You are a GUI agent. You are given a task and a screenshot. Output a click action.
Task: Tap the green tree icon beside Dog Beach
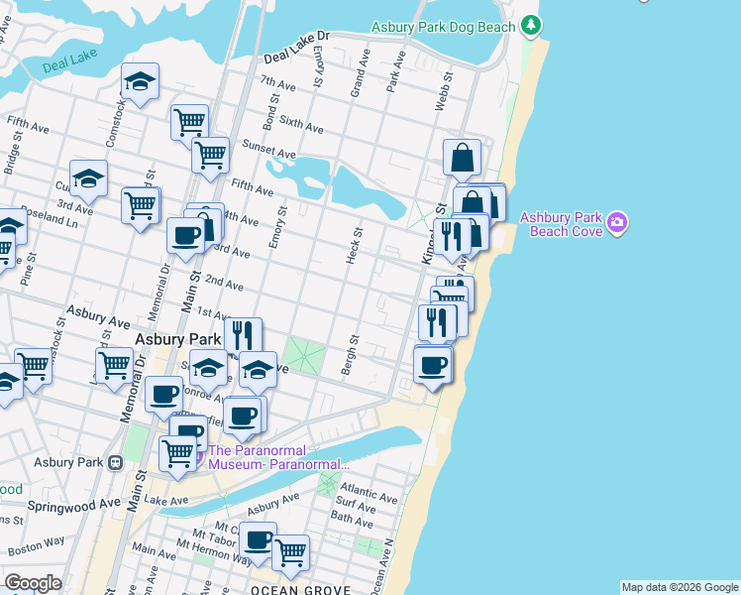coord(533,24)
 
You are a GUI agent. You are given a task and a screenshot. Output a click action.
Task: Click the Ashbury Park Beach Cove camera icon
coord(618,222)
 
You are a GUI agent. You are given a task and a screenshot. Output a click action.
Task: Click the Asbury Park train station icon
coord(116,462)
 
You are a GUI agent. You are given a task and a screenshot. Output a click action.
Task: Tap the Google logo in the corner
coord(33,583)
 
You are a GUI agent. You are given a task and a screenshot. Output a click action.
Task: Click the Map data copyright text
coord(680,587)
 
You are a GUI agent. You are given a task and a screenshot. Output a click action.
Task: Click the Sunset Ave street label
coord(270,154)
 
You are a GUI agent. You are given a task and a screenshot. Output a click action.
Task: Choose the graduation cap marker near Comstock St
coord(141,81)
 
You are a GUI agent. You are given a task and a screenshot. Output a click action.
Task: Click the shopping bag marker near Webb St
coord(462,157)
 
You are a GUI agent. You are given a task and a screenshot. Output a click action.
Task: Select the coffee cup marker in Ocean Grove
coord(259,540)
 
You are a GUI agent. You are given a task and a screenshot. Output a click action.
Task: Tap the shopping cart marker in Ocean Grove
coord(290,551)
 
